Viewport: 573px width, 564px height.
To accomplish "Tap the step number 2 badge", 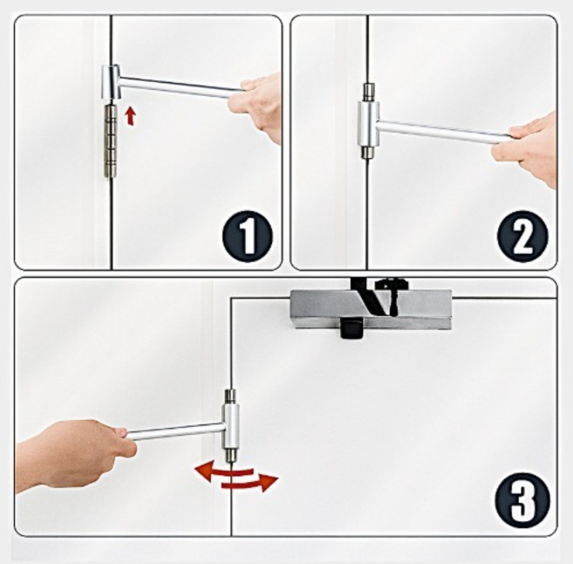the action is (x=522, y=236).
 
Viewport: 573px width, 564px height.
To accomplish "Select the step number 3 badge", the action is (x=522, y=500).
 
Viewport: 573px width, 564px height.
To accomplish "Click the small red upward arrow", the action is (x=130, y=116).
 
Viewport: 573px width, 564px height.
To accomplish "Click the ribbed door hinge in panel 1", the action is (x=111, y=141).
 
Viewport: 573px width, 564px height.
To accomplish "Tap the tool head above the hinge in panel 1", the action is (x=111, y=82).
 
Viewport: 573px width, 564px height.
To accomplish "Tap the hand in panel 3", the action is (x=73, y=453).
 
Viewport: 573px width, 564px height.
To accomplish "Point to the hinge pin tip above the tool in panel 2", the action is (x=368, y=93).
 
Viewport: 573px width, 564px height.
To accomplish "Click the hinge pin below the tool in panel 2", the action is (x=368, y=153).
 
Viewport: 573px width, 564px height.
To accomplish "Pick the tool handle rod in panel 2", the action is (x=442, y=132).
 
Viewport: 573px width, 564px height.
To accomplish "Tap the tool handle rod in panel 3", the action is (x=174, y=432).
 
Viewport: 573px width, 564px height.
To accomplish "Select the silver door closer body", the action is (x=371, y=309).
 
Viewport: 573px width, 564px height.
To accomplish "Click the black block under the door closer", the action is (x=351, y=328).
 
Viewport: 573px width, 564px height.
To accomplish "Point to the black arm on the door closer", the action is (x=368, y=296).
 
